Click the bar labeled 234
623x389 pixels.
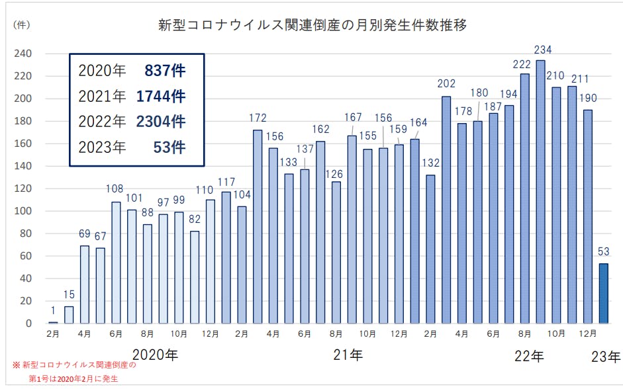540,192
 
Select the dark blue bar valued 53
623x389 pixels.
604,293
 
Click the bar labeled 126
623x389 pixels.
336,252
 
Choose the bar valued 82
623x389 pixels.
195,277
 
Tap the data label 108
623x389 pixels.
115,190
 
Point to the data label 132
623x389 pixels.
430,163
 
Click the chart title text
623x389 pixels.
312,26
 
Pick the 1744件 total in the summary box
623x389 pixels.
161,97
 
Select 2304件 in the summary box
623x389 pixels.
161,122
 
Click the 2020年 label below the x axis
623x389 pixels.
155,355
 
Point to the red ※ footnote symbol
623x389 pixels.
16,365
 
